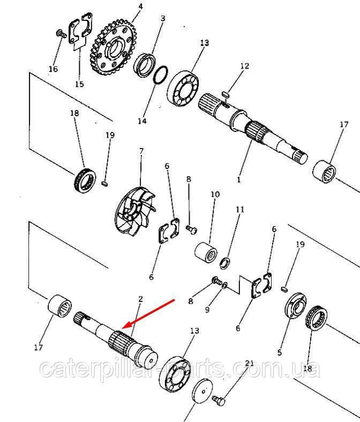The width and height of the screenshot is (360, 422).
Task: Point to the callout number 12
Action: (244, 66)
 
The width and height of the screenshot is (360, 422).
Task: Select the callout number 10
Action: (215, 193)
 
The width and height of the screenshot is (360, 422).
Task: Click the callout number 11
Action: (239, 209)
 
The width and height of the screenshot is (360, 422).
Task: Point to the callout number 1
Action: (239, 181)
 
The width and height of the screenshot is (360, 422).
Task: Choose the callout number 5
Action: (279, 352)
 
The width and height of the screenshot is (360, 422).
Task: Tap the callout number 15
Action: (79, 84)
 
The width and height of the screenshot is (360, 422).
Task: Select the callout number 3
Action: (163, 18)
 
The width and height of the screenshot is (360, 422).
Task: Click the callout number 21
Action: (249, 364)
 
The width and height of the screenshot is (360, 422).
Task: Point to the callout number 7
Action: (141, 151)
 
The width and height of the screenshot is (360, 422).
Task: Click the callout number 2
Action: (141, 298)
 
